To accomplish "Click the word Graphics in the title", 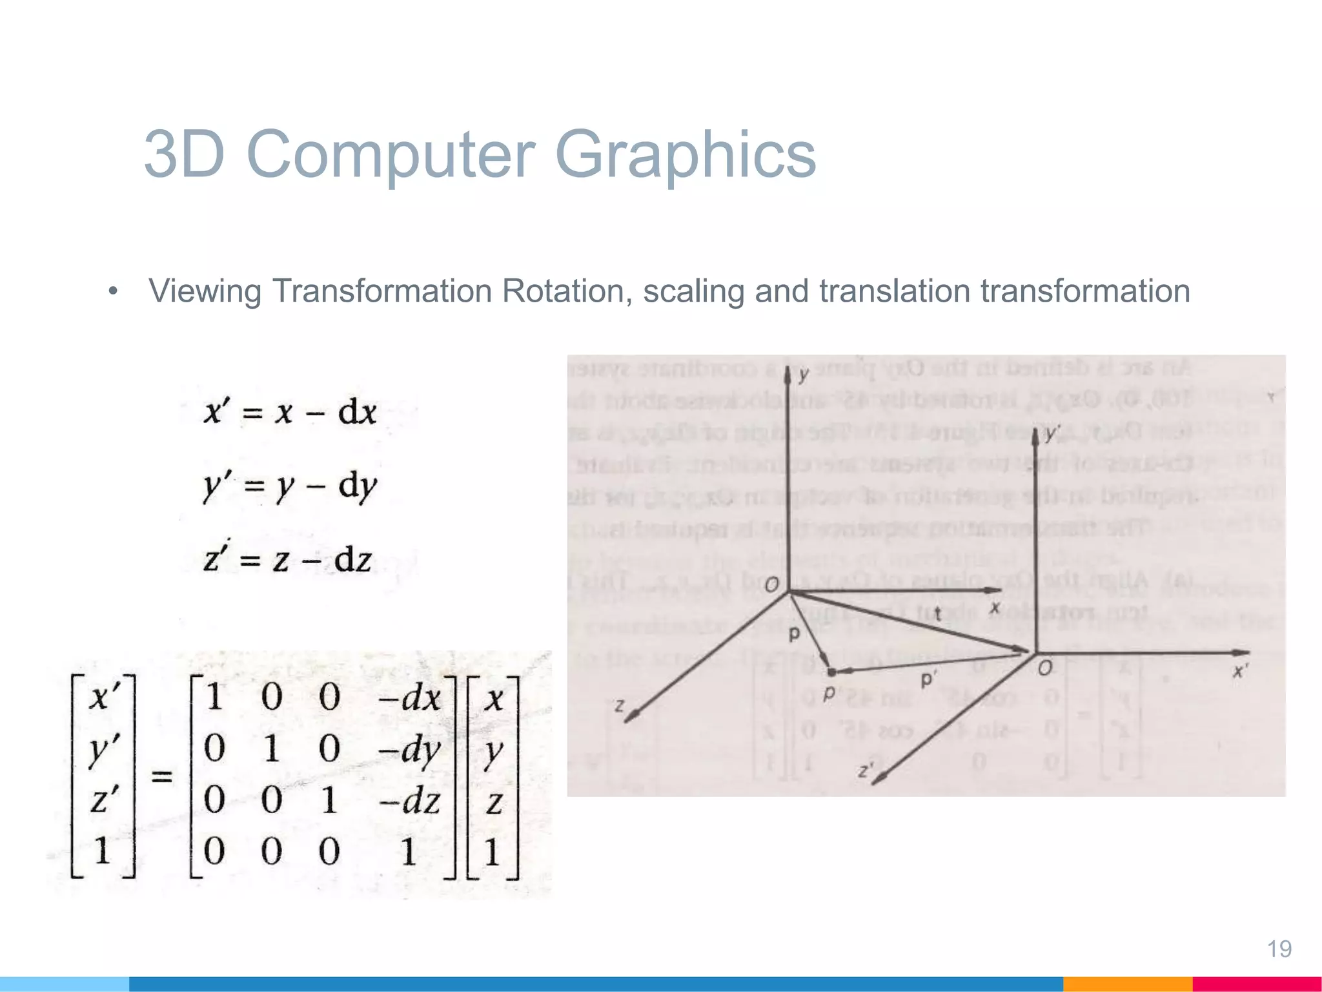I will [x=686, y=155].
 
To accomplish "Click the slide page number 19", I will [x=1279, y=949].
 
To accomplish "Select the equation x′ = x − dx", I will [x=290, y=412].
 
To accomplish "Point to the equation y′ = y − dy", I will [x=290, y=486].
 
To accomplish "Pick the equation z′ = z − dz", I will [x=287, y=559].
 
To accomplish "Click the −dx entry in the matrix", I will [x=409, y=697].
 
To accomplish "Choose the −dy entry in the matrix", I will [x=409, y=749].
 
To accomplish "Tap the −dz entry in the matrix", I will [x=409, y=801].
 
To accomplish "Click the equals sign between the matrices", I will [x=161, y=775].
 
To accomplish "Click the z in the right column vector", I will [x=494, y=803].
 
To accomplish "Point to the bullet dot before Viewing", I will [x=114, y=291].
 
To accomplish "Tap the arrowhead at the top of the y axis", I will [x=788, y=375].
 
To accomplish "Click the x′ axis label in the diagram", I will [x=1239, y=672].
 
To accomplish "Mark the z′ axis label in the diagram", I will [x=866, y=770].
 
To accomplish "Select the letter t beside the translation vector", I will [x=937, y=614].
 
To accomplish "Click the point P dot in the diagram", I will [x=831, y=673].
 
